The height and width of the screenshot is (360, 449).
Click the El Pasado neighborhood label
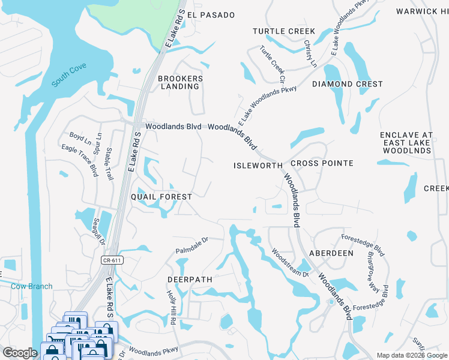pyautogui.click(x=211, y=14)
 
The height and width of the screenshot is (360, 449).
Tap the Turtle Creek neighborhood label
pyautogui.click(x=284, y=31)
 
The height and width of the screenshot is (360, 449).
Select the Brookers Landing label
pyautogui.click(x=180, y=82)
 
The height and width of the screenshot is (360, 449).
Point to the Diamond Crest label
pyautogui.click(x=347, y=84)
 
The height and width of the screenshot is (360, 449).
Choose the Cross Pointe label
pyautogui.click(x=322, y=163)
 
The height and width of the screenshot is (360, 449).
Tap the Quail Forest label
pyautogui.click(x=161, y=197)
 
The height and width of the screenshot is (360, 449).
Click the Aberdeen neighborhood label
pyautogui.click(x=331, y=253)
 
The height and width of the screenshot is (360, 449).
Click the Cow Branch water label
pyautogui.click(x=31, y=286)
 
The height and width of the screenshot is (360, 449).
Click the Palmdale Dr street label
pyautogui.click(x=191, y=244)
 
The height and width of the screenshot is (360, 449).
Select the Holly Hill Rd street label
pyautogui.click(x=170, y=308)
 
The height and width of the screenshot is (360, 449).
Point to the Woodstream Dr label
pyautogui.click(x=289, y=263)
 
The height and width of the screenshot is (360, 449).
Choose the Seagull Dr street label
pyautogui.click(x=98, y=232)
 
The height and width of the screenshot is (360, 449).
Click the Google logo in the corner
pyautogui.click(x=20, y=353)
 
